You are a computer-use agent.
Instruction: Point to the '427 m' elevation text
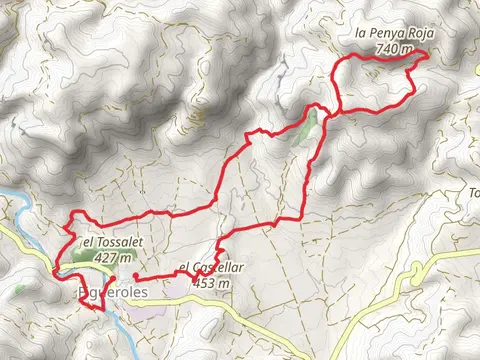(113, 257)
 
